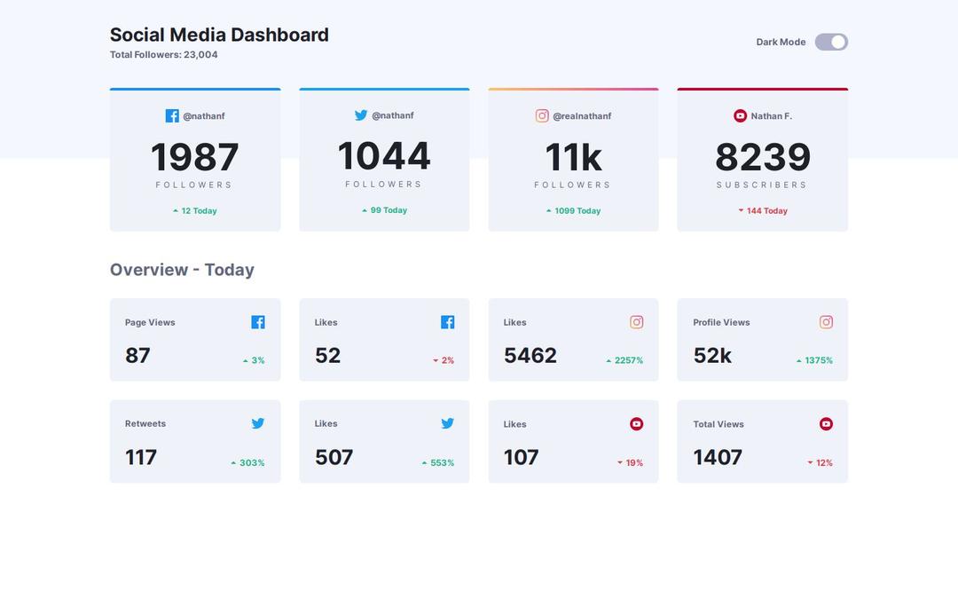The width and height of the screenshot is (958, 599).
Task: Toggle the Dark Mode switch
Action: point(831,42)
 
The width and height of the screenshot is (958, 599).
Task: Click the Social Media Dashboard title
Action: point(219,35)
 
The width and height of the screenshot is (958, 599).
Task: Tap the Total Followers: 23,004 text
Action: point(163,55)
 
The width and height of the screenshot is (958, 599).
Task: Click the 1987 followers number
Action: point(194,157)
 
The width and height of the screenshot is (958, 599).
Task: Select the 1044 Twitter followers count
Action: point(384,156)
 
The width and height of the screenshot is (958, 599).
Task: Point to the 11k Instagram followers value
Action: point(573,157)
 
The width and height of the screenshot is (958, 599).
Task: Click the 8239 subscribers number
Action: point(762,157)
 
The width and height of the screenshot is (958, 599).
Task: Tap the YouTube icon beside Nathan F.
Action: point(740,116)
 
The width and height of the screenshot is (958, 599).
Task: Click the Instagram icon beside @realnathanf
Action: point(542,116)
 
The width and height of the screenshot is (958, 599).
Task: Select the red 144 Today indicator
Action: point(763,211)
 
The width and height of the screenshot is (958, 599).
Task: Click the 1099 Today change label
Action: point(573,211)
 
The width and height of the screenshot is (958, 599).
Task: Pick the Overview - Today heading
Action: point(182,270)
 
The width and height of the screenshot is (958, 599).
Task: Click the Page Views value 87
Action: point(137,356)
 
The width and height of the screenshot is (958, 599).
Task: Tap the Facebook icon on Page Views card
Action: point(258,322)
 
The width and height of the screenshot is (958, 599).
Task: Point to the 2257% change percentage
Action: point(624,360)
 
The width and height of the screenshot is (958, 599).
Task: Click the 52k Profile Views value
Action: point(712,356)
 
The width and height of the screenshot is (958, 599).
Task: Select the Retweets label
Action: point(145,423)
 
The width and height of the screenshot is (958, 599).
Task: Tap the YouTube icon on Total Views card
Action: point(826,424)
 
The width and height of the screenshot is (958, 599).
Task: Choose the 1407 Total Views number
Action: point(718,457)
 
